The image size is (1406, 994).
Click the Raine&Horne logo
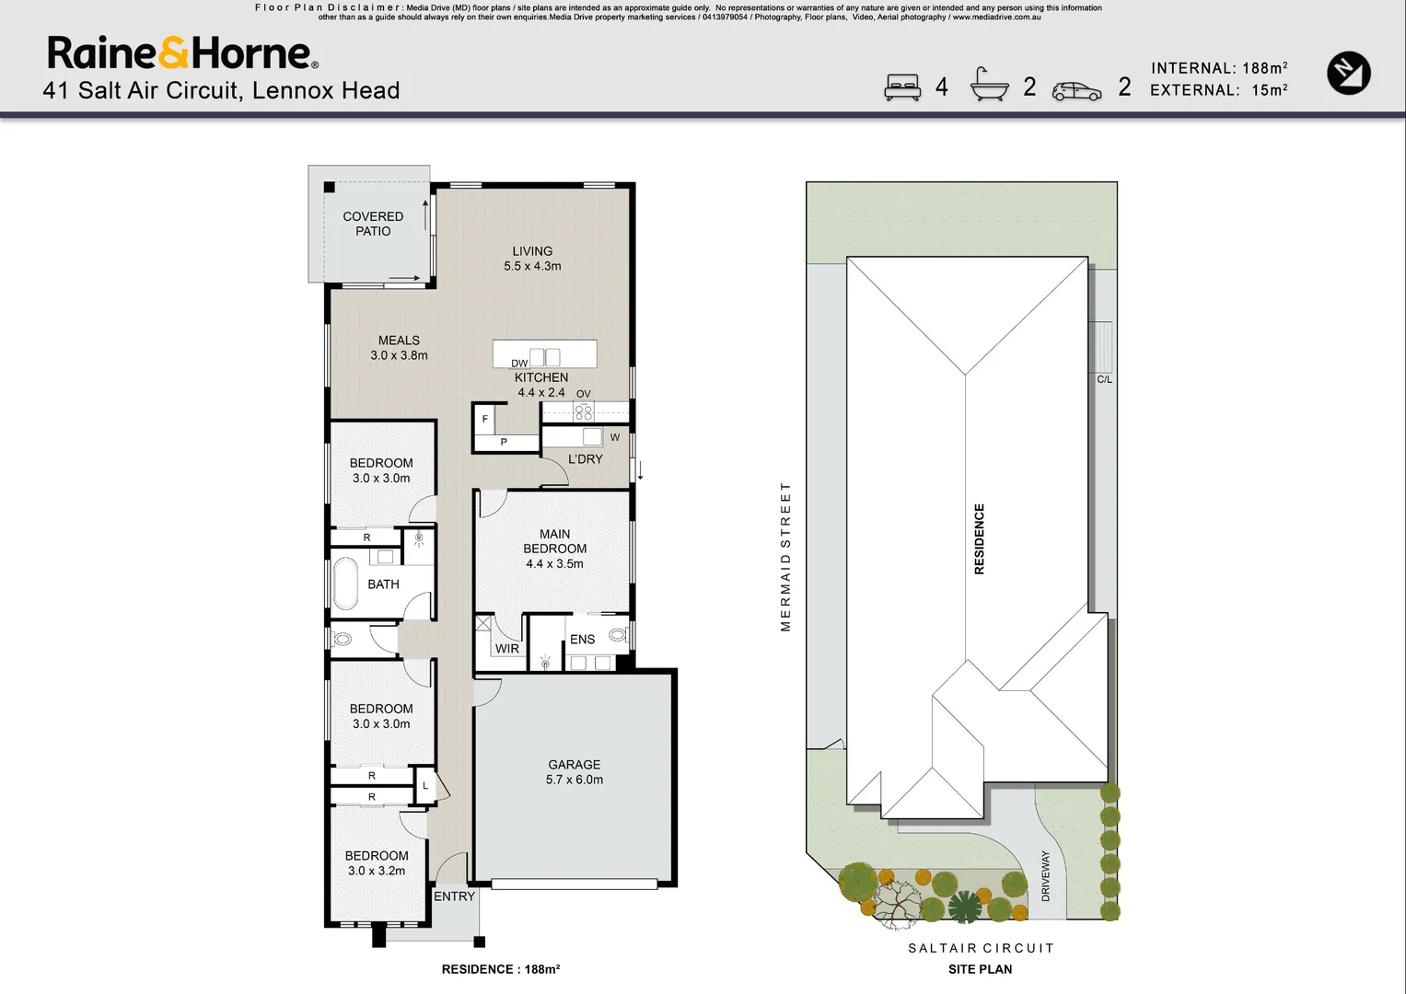[182, 53]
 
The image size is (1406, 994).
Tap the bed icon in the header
[902, 87]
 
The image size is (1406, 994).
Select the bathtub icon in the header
[989, 86]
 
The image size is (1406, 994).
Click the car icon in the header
[1076, 91]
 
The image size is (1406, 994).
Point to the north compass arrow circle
[1348, 74]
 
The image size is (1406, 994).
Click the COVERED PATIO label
[373, 224]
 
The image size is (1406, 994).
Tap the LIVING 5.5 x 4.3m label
[532, 259]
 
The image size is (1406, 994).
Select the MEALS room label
[399, 348]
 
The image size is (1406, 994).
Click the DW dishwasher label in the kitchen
[519, 364]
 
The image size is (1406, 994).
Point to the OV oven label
[583, 394]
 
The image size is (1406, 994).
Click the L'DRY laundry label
[585, 458]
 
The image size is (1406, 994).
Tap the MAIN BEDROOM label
[554, 549]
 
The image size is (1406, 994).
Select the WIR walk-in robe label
[507, 649]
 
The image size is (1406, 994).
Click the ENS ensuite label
[582, 640]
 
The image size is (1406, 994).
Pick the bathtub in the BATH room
[345, 584]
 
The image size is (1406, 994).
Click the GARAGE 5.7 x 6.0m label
[575, 772]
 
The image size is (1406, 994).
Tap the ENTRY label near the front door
[454, 896]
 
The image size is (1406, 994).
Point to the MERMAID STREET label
[785, 557]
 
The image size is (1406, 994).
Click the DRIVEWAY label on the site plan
[1045, 875]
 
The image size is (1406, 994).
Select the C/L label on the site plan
[1104, 379]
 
